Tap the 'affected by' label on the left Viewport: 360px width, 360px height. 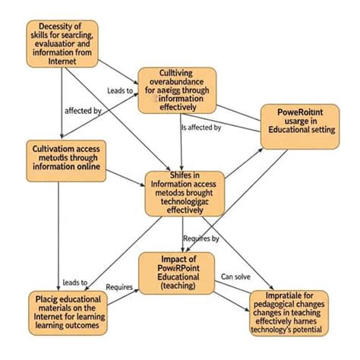[x=84, y=111]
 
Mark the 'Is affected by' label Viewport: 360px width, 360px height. [x=201, y=128]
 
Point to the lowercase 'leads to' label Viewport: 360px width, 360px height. [x=75, y=283]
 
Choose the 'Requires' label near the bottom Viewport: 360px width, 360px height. [x=119, y=288]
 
